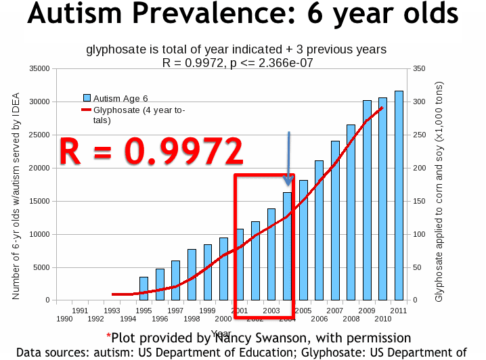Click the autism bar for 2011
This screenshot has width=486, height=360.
tap(399, 196)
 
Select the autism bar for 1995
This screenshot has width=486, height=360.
tap(143, 288)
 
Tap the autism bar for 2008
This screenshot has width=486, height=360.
tap(351, 212)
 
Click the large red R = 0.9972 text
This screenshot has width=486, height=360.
tap(151, 152)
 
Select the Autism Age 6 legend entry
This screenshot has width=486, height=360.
tap(116, 99)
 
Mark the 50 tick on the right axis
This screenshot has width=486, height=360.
tap(419, 267)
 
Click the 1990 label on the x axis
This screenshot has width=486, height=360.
tap(65, 318)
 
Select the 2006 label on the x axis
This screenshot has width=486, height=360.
tap(319, 318)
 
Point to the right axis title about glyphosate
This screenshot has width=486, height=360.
tap(439, 184)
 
